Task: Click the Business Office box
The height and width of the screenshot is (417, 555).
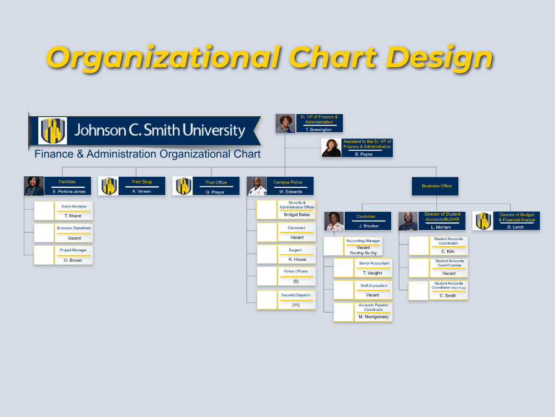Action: click(x=435, y=186)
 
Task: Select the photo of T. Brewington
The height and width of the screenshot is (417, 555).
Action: click(x=285, y=123)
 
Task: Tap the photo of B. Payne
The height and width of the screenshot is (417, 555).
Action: click(x=331, y=148)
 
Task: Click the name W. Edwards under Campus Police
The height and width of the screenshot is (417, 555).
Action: click(x=290, y=192)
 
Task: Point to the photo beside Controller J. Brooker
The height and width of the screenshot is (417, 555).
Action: click(x=334, y=221)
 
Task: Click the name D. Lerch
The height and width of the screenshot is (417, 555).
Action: click(x=515, y=227)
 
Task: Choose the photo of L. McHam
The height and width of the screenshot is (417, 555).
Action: click(x=408, y=221)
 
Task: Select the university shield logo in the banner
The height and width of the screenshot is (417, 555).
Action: click(x=53, y=131)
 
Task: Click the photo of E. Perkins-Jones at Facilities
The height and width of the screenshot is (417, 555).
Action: click(x=34, y=186)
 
